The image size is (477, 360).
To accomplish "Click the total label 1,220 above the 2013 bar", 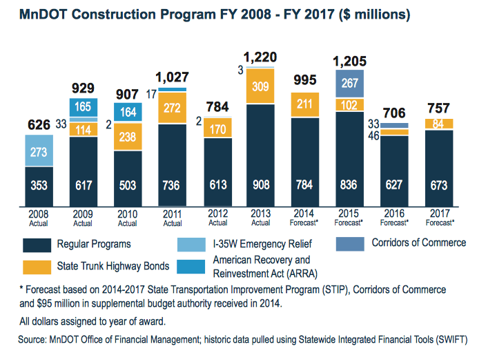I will click(260, 57).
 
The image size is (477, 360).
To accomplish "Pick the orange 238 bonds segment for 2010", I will click(127, 137).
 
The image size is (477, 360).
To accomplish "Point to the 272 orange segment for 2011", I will click(172, 108).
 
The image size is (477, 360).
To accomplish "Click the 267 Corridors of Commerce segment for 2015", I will click(349, 84).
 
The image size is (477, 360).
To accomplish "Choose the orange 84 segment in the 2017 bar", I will click(438, 124).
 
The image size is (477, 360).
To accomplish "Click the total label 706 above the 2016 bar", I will click(393, 113).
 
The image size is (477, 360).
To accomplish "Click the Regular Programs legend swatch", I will click(39, 245).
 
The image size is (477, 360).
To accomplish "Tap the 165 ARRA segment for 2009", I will click(84, 107).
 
